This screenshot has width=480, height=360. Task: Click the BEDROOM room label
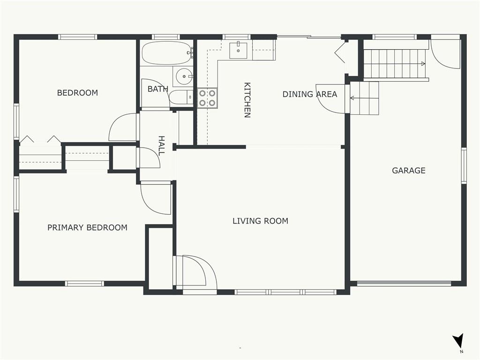(x=77, y=93)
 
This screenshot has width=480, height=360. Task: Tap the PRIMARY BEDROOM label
(x=87, y=227)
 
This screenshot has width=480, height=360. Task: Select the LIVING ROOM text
(x=260, y=221)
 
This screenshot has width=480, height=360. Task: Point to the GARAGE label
(x=409, y=171)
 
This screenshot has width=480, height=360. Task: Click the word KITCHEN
(x=247, y=100)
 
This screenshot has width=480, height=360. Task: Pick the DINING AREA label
(x=310, y=94)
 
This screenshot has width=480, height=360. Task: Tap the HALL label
(x=161, y=146)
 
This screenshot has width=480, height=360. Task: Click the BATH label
(x=158, y=89)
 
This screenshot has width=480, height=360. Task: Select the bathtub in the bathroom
(x=167, y=53)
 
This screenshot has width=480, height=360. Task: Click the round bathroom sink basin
(x=184, y=76)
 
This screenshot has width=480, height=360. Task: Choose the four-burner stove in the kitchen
(x=207, y=98)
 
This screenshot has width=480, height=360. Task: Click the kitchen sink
(x=238, y=51)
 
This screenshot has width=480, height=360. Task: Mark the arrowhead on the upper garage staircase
(x=423, y=64)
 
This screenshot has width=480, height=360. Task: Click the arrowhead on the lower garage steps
(x=352, y=98)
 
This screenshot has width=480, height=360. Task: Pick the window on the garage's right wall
(x=464, y=165)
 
